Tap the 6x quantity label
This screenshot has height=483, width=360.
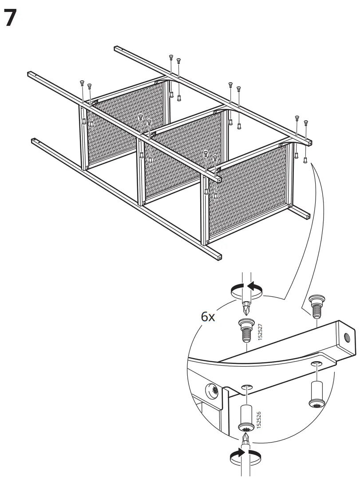(208, 317)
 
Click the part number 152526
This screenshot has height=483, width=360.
(259, 420)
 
